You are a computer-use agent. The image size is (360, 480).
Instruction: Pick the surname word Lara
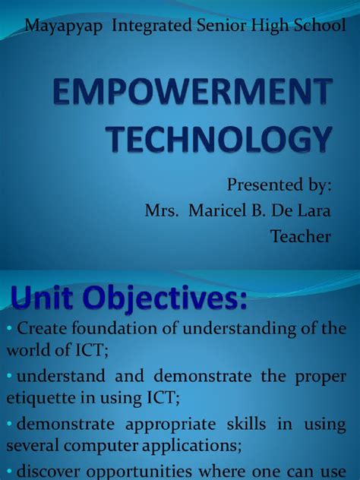(314, 211)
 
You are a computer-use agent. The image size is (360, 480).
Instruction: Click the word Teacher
(301, 236)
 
